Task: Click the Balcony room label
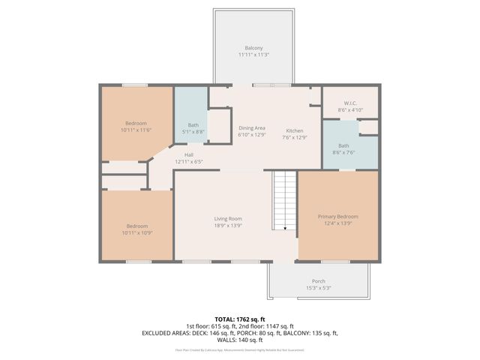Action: (253, 48)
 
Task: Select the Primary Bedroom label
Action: (337, 217)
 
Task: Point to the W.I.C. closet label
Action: (350, 103)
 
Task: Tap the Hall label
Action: (189, 155)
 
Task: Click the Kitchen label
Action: (294, 129)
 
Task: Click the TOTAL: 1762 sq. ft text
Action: (240, 319)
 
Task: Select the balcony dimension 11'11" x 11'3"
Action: (253, 55)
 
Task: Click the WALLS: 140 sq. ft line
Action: (240, 340)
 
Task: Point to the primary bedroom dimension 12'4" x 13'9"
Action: (337, 223)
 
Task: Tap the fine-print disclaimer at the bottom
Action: (240, 350)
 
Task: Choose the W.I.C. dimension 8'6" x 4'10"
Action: (350, 109)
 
